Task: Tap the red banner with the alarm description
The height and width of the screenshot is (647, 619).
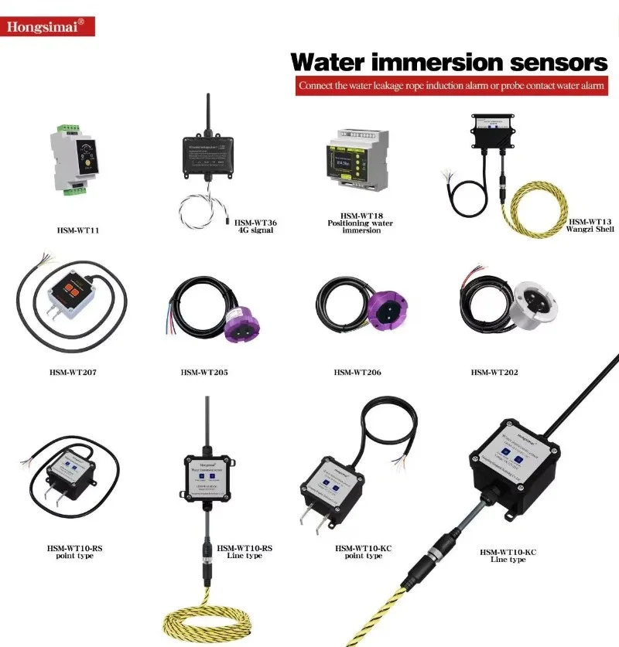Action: (x=450, y=85)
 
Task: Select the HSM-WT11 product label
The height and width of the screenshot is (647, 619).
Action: (x=78, y=230)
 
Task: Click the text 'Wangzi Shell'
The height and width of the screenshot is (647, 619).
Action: (x=591, y=229)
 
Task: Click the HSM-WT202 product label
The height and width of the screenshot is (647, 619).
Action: (x=494, y=373)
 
